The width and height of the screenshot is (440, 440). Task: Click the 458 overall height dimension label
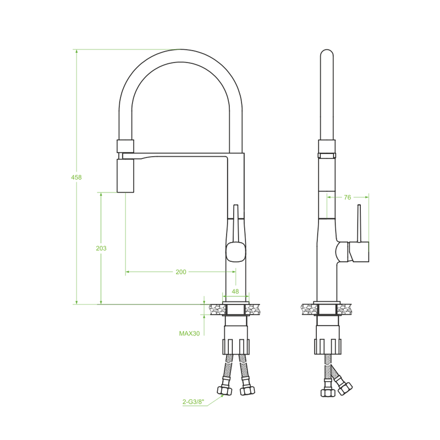(x=76, y=177)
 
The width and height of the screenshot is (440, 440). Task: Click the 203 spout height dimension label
(x=101, y=248)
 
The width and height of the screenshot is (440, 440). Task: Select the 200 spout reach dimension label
(x=180, y=272)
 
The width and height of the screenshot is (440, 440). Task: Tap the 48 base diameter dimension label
(x=235, y=291)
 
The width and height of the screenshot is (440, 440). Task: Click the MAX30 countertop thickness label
(x=189, y=333)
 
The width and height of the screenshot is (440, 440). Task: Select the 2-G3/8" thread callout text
(x=193, y=402)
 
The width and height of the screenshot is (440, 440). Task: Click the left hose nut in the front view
(x=224, y=391)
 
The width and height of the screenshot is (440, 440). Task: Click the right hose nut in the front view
(x=247, y=391)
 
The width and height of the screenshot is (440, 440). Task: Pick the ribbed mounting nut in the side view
(x=328, y=346)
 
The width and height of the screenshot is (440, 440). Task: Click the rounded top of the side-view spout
(x=327, y=55)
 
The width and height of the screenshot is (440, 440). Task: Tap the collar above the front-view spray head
(x=125, y=146)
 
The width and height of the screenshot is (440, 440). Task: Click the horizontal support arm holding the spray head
(x=182, y=156)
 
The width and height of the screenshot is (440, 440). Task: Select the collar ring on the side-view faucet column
(x=327, y=149)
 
